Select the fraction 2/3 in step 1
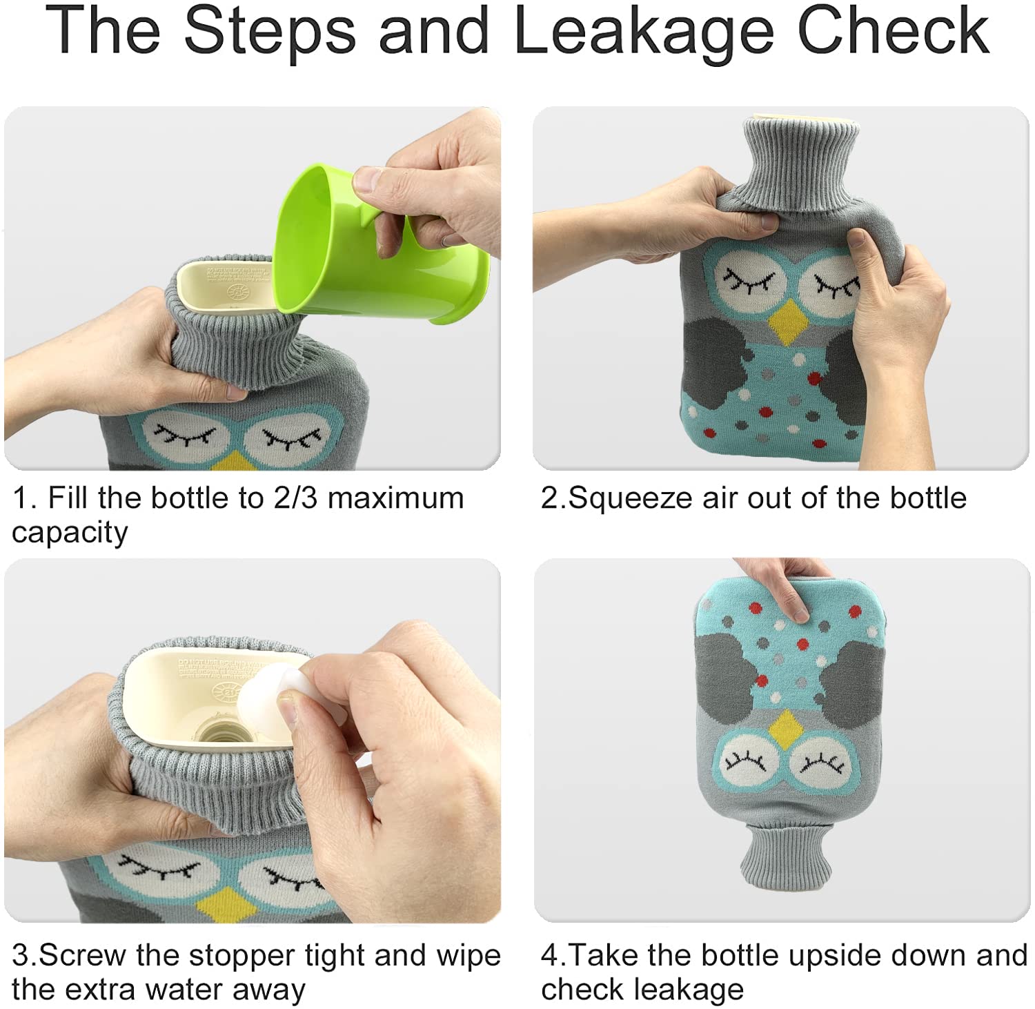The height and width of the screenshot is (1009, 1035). pos(295,498)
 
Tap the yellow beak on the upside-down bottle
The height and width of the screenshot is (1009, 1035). pos(785,730)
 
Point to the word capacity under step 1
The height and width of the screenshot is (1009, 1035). pos(70,533)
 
